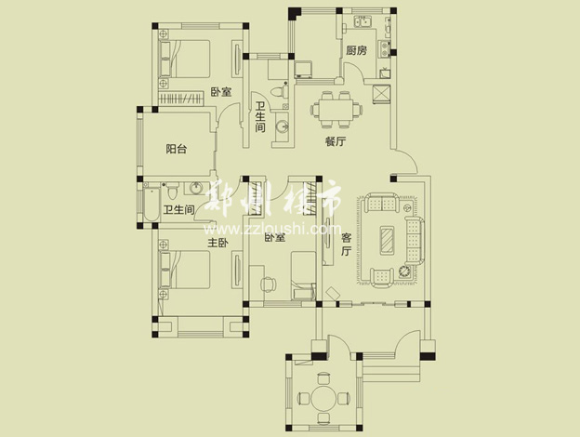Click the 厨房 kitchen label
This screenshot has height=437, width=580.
point(357,50)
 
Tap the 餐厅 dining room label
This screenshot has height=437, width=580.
point(336,141)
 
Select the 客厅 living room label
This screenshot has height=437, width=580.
point(346,245)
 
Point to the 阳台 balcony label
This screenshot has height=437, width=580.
point(176,149)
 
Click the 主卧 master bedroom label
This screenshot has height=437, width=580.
point(217,243)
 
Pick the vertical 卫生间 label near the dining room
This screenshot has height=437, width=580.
point(260,117)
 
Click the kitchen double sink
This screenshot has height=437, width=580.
point(362,21)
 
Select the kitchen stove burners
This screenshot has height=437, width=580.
point(385,49)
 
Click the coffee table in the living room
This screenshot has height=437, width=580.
point(388,241)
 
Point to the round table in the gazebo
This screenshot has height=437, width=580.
point(323,398)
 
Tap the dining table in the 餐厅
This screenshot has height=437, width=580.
point(336,110)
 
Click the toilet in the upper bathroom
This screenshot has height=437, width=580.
point(279,91)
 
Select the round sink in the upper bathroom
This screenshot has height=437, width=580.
point(283,127)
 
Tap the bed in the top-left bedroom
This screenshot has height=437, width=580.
point(185,59)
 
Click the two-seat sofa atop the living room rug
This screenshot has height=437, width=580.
point(382,202)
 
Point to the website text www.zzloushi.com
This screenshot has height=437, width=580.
point(272,230)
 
